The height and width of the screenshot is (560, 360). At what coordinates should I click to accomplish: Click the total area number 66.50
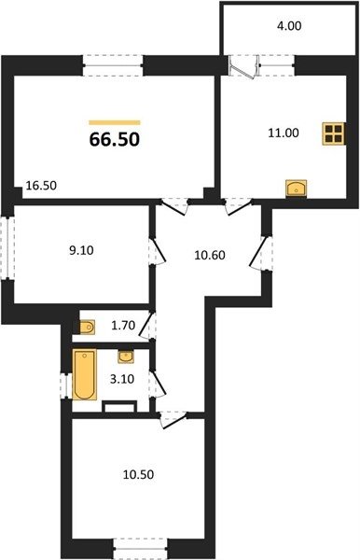pos(115,139)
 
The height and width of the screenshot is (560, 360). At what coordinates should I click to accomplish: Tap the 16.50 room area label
pos(41,186)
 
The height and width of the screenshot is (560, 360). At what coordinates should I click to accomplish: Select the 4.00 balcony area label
pos(289,26)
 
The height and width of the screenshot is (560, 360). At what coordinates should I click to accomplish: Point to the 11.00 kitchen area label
pos(284,133)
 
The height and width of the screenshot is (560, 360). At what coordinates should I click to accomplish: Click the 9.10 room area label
pos(81,250)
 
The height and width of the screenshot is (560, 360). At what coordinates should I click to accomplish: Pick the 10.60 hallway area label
pos(210,256)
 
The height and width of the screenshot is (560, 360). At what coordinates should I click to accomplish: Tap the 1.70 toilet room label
pos(123,326)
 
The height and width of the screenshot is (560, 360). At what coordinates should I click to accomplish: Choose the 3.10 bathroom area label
pos(122,379)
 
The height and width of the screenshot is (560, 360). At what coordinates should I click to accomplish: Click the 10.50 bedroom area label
pos(138,475)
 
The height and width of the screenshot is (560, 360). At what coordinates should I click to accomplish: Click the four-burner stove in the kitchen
pos(334,133)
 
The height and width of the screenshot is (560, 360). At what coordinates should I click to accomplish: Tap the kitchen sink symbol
pos(297,189)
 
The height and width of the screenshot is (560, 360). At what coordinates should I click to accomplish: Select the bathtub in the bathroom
pos(85,374)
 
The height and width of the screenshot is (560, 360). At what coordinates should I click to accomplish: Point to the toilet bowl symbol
pos(87,327)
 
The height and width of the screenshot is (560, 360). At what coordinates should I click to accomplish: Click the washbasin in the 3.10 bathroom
pos(126,357)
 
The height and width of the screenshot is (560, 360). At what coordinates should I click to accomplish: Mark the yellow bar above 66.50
pos(115,122)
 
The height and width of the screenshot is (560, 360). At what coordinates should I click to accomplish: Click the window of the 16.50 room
pos(113,65)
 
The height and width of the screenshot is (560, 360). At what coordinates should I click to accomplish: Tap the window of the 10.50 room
pos(140,549)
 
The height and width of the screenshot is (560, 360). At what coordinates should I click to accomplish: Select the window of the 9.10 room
pos(7,247)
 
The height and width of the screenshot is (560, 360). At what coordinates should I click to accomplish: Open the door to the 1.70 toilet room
pos(147,325)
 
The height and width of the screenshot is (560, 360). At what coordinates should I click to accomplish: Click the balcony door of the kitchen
pos(243,66)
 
